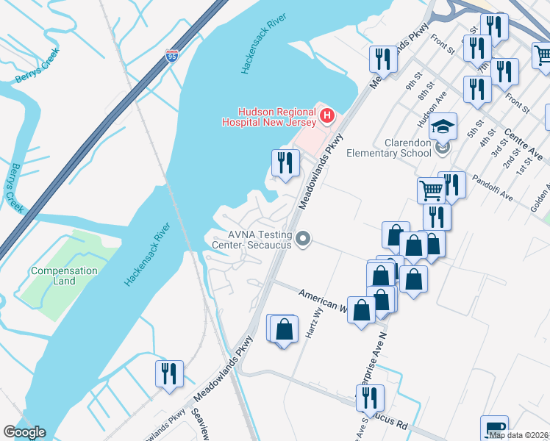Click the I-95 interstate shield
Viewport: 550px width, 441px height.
pos(171,56)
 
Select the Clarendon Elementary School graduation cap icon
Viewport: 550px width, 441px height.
pos(443,128)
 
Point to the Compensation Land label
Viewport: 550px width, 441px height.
pos(64,276)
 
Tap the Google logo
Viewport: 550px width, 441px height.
pos(24,432)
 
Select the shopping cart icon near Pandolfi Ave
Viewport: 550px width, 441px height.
pos(432,191)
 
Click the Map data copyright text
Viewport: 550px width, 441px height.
pos(519,435)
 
